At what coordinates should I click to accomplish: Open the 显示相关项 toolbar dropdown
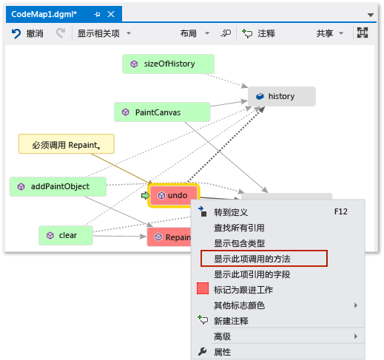coord(104,33)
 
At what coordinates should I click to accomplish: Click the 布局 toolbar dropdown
coord(194,33)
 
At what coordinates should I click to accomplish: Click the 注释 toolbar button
coord(260,33)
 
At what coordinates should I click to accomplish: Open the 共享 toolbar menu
coord(329,33)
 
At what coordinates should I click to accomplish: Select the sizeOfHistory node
coord(168,64)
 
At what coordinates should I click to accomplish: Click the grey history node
coord(280,96)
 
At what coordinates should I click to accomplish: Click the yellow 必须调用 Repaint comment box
coord(67,144)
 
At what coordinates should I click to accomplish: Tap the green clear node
coord(67,235)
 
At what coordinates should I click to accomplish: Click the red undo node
coord(173,195)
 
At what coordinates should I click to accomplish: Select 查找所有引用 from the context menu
coord(239,228)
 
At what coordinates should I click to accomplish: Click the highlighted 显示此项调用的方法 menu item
coord(263,259)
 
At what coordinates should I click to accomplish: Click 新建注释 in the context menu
coord(231,321)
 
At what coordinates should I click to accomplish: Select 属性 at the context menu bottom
coord(223,352)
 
